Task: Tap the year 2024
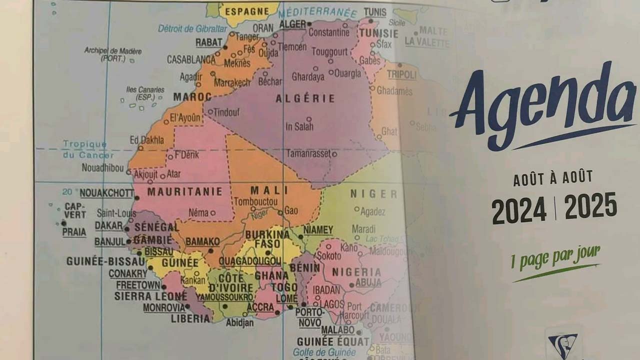pyautogui.click(x=518, y=210)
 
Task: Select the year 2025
pyautogui.click(x=590, y=205)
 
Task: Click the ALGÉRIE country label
pyautogui.click(x=305, y=99)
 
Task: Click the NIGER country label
pyautogui.click(x=373, y=194)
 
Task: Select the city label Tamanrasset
pyautogui.click(x=308, y=153)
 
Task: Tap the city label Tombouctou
pyautogui.click(x=255, y=201)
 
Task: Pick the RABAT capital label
pyautogui.click(x=208, y=42)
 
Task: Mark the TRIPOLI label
pyautogui.click(x=401, y=75)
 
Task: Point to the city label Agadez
pyautogui.click(x=372, y=212)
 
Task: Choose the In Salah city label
pyautogui.click(x=299, y=126)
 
